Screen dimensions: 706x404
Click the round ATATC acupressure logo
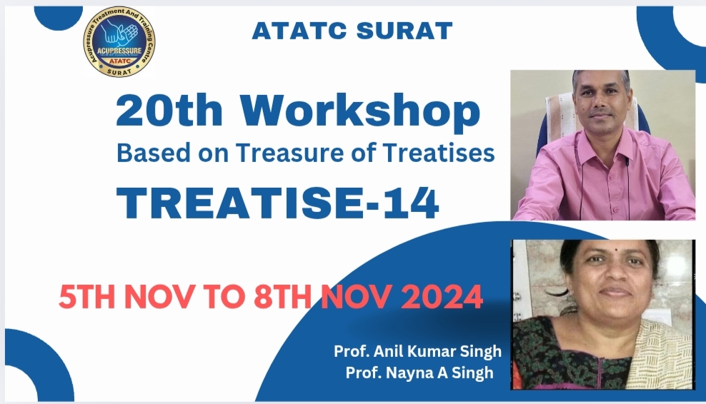coord(119,42)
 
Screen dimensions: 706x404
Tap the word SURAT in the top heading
coord(404,31)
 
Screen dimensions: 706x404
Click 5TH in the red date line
coord(86,297)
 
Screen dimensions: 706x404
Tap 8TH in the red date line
coord(282,297)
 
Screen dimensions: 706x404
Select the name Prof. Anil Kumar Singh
coord(417,351)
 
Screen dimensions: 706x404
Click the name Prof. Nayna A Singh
coord(419,373)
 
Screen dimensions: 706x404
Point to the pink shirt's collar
coord(602,137)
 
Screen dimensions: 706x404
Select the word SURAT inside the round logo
coord(119,71)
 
